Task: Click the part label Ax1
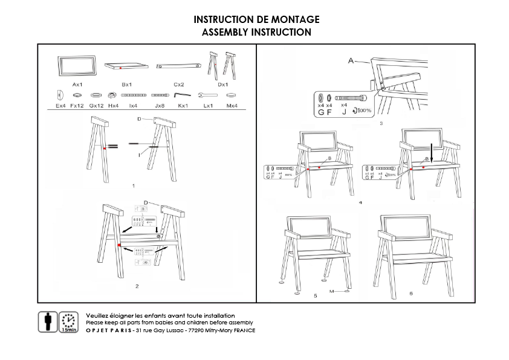point(77,85)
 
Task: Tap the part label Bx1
point(127,85)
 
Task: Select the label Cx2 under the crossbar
point(179,85)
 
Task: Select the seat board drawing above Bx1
point(127,66)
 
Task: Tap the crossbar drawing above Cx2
point(179,66)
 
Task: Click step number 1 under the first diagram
point(132,187)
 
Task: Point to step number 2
point(137,286)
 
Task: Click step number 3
point(381,123)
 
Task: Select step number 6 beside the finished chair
point(411,294)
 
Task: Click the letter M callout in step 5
point(332,291)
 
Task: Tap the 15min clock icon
point(69,322)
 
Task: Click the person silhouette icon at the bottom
point(48,321)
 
